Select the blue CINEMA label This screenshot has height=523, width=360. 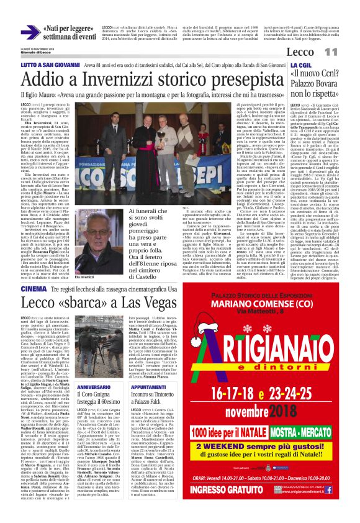pos(32,289)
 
